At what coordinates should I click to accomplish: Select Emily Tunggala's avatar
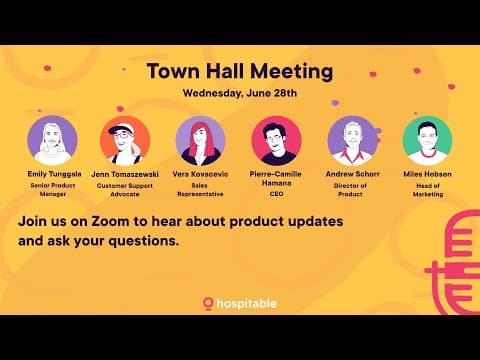click(x=52, y=140)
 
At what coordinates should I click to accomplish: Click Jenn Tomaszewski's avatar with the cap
click(x=126, y=140)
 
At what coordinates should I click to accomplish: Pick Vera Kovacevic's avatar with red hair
click(x=200, y=140)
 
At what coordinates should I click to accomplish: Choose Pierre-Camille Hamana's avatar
click(x=275, y=140)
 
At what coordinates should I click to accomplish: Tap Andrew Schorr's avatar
click(x=352, y=140)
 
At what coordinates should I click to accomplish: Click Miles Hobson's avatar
click(x=427, y=140)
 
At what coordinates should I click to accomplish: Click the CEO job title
click(x=275, y=194)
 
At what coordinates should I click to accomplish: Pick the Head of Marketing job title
click(x=427, y=190)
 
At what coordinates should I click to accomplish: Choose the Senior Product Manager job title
click(x=52, y=190)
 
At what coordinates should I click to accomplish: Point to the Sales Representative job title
click(x=200, y=190)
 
